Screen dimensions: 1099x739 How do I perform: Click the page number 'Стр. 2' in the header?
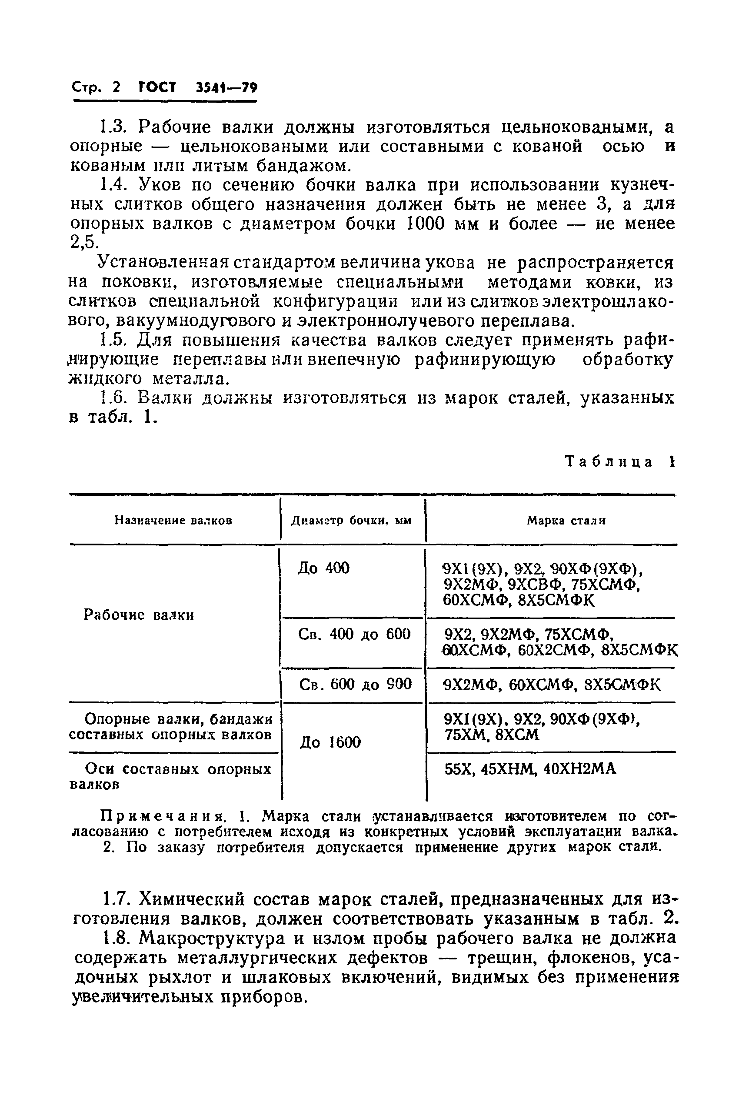coord(96,88)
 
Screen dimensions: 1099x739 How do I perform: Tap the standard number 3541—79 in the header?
coord(226,88)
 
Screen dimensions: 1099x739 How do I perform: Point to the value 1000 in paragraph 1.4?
coord(425,223)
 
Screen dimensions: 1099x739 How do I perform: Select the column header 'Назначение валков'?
coord(173,521)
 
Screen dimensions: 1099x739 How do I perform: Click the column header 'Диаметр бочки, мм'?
coord(351,521)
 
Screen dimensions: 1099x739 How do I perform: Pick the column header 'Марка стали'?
coord(566,521)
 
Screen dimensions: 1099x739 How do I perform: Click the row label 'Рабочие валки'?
coord(139,615)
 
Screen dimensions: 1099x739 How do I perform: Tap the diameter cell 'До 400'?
coord(324,568)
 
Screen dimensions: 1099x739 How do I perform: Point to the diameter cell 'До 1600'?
coord(330,742)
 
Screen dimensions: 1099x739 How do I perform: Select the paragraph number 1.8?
coord(115,938)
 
